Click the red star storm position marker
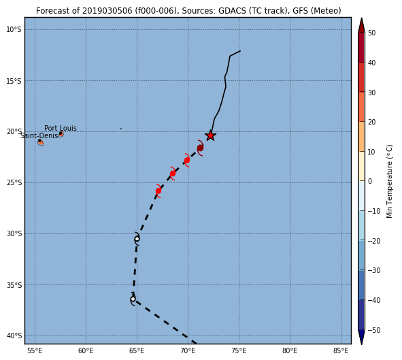(x=210, y=135)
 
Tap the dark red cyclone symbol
(x=200, y=148)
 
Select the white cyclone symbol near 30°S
(x=137, y=239)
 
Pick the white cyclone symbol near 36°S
(x=133, y=299)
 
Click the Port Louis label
(x=61, y=128)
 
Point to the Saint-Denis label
(x=39, y=135)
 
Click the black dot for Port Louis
(x=61, y=133)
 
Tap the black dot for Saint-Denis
(x=39, y=141)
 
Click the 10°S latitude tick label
(x=14, y=30)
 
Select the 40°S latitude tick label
(x=14, y=336)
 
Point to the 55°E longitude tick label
(x=35, y=350)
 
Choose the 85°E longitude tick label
(x=341, y=350)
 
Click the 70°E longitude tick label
(x=188, y=350)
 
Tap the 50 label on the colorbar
(x=372, y=33)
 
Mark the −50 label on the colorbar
(x=374, y=330)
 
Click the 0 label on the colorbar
(x=370, y=181)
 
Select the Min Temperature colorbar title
(x=389, y=181)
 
